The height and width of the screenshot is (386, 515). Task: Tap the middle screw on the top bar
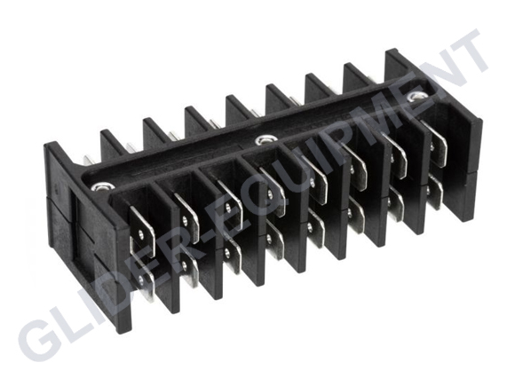pos(263,139)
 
